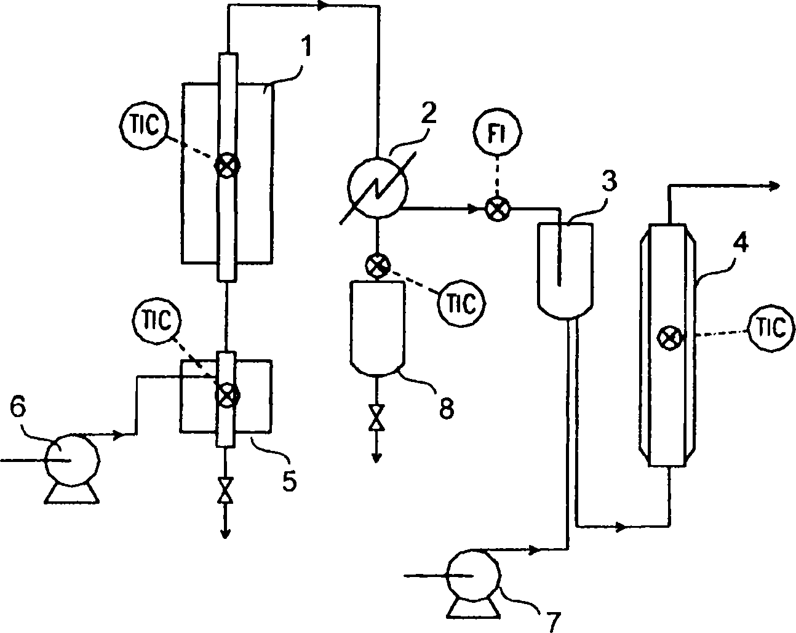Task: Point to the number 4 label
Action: point(741,245)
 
